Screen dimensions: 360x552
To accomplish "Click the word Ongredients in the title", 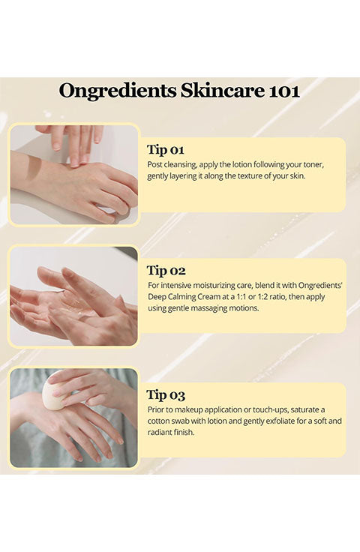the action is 118,91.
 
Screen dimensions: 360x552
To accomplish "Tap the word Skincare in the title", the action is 223,91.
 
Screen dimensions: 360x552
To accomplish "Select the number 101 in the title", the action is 284,91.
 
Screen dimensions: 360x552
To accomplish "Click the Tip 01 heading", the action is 166,149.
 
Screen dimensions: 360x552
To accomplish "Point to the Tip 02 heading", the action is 166,270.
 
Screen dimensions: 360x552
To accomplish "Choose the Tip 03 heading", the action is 166,395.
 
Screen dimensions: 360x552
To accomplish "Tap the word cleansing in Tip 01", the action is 180,165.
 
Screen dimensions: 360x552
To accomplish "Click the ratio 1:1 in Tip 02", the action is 241,296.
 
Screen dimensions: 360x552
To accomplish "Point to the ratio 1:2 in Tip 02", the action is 263,296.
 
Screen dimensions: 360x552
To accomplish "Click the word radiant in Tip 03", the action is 160,432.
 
